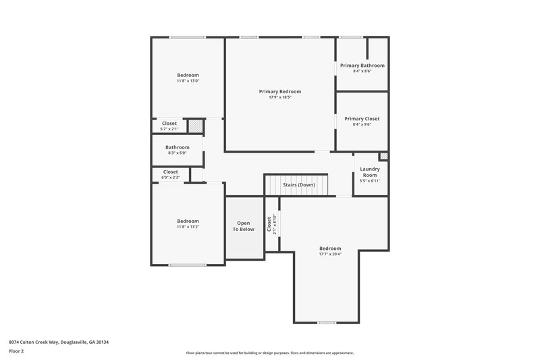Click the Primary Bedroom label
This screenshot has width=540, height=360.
pyautogui.click(x=280, y=91)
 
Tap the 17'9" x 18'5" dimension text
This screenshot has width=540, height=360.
pyautogui.click(x=280, y=97)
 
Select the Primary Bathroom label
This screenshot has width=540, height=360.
pyautogui.click(x=362, y=66)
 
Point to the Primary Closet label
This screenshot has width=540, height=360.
pyautogui.click(x=362, y=118)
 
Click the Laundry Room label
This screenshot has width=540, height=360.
pyautogui.click(x=370, y=172)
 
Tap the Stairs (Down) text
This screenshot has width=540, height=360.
pyautogui.click(x=298, y=184)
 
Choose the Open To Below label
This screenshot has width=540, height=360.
pyautogui.click(x=244, y=226)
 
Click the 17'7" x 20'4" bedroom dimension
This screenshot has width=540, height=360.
pyautogui.click(x=330, y=254)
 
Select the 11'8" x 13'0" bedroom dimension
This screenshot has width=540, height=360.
pyautogui.click(x=188, y=81)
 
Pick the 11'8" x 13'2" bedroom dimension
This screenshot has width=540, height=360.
pyautogui.click(x=188, y=227)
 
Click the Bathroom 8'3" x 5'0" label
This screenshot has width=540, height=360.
pyautogui.click(x=178, y=147)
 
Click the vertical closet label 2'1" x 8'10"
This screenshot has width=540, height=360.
pyautogui.click(x=271, y=225)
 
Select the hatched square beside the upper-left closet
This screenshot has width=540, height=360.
pyautogui.click(x=195, y=126)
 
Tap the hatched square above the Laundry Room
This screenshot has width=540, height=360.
pyautogui.click(x=383, y=157)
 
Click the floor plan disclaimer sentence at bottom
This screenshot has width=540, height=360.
pyautogui.click(x=269, y=353)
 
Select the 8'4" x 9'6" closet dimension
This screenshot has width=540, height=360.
pyautogui.click(x=362, y=124)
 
